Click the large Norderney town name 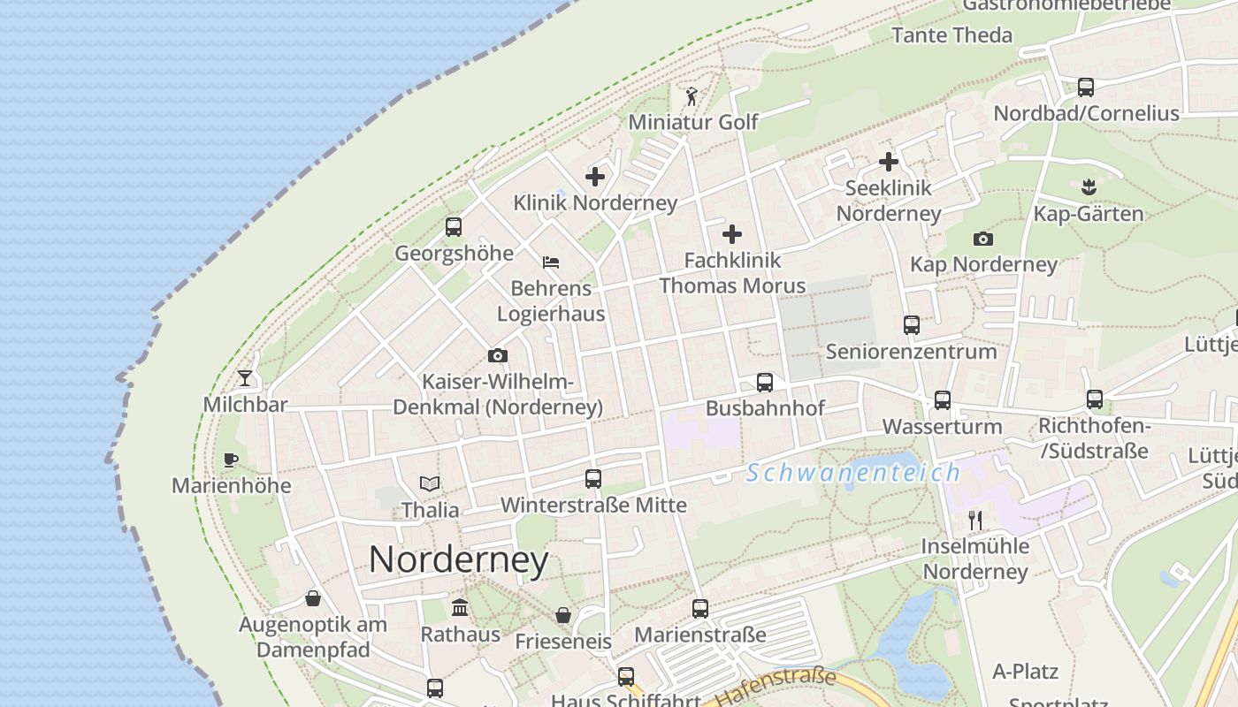[x=458, y=559]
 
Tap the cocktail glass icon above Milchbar [x=245, y=378]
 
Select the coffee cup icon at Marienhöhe [x=230, y=459]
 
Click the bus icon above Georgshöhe [x=454, y=226]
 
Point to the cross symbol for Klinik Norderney [x=595, y=177]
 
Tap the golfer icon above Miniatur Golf [x=692, y=95]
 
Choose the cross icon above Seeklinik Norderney [x=889, y=162]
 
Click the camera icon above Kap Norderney [x=982, y=239]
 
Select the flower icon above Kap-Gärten [x=1089, y=186]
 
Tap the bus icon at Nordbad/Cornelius [x=1086, y=87]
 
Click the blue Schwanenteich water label [x=852, y=473]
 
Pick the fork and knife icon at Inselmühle [x=975, y=520]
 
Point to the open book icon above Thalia [x=430, y=483]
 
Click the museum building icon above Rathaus [x=460, y=607]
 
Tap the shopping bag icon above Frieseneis [x=563, y=615]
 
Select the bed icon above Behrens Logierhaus [x=551, y=262]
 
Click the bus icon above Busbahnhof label [x=765, y=383]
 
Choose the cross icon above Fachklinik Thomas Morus [x=732, y=234]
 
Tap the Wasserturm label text [x=942, y=427]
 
